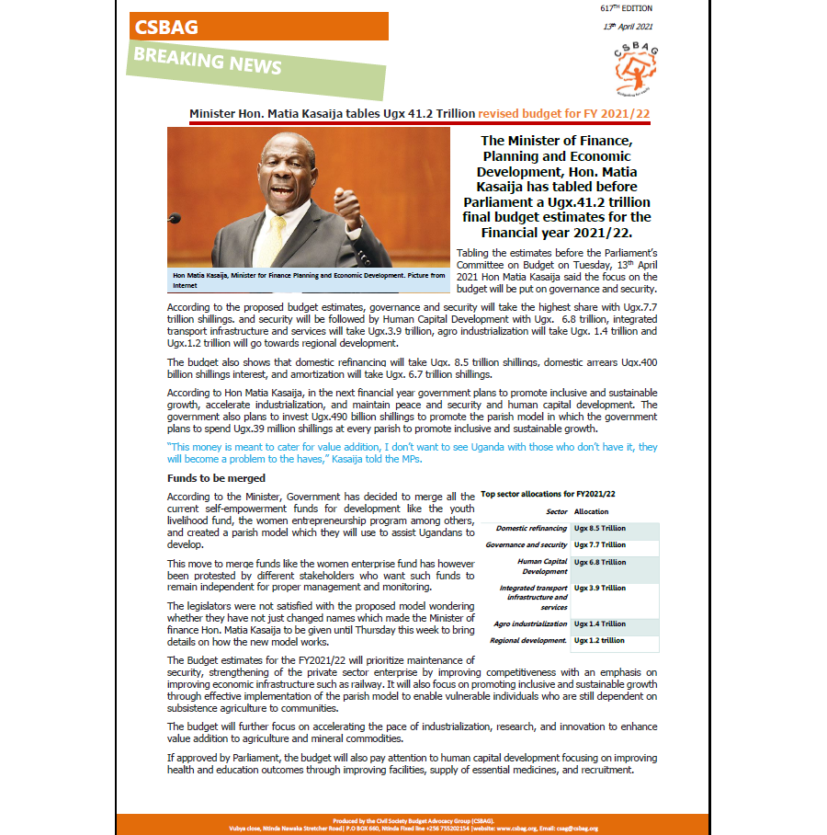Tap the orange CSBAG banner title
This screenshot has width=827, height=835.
166,27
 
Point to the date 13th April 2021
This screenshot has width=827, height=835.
627,26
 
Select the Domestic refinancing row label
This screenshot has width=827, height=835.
532,529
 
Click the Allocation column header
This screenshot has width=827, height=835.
591,511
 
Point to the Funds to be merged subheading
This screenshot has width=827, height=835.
216,478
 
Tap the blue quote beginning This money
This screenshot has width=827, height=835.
412,452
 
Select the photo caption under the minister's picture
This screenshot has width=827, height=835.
308,280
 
